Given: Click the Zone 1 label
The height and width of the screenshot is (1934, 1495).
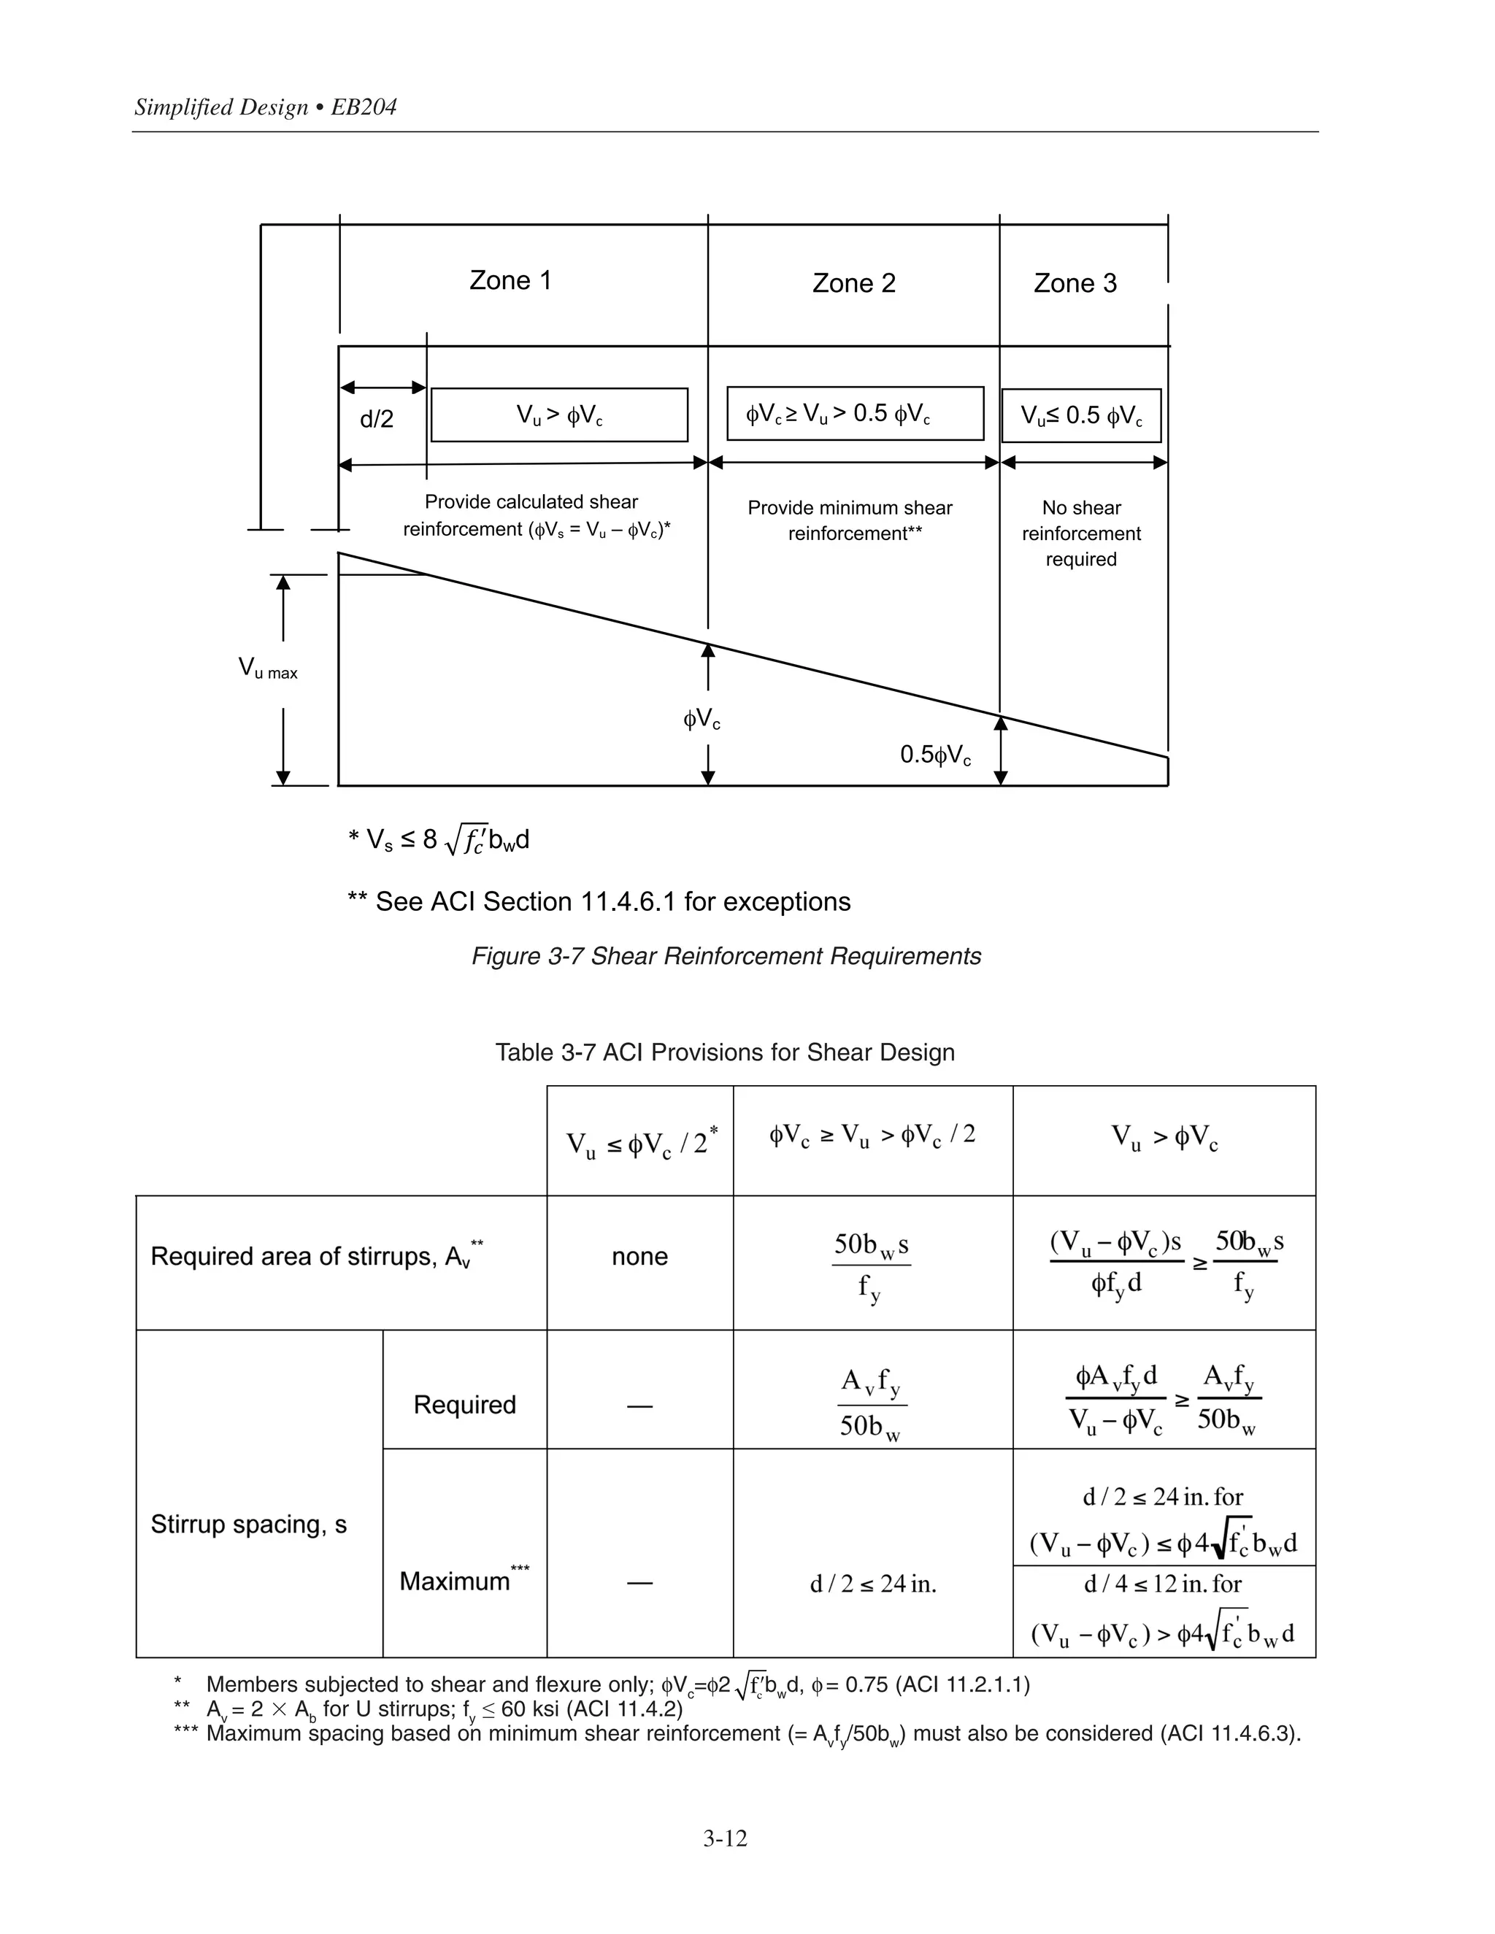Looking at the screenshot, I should coord(510,281).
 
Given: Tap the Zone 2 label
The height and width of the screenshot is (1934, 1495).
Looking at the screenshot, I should coord(854,283).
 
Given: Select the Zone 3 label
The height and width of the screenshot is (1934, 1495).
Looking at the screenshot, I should coord(1075,283).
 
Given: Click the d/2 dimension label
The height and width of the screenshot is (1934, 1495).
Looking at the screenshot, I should coord(377,419).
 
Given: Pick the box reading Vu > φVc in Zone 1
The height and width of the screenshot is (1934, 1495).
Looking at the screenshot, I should coord(559,415).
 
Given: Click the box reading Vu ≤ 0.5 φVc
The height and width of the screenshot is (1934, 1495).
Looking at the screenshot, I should coord(1080,415).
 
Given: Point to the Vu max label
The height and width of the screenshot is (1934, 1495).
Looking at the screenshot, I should coord(267,669).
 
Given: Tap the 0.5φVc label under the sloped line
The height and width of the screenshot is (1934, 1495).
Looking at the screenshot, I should coord(935,755).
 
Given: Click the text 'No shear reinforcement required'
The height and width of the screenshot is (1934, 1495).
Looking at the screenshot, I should coord(1080,533).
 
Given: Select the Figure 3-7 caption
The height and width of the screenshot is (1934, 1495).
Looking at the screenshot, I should coord(726,956).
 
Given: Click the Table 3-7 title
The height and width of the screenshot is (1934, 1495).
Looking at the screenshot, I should coord(724,1052).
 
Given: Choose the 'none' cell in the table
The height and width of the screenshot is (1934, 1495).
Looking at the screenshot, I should coord(639,1257).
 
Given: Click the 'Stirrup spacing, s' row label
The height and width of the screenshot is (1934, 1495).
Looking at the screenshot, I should coord(249,1524).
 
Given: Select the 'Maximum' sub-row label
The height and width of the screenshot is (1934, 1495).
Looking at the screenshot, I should coord(456,1581).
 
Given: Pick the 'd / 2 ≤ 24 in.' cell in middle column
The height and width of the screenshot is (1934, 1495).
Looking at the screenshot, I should coord(872,1584).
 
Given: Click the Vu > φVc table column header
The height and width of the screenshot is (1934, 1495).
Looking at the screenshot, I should coord(1164,1138).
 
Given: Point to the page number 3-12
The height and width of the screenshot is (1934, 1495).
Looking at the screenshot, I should coord(726,1838).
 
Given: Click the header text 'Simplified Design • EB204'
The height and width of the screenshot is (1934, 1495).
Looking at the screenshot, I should coord(266,107).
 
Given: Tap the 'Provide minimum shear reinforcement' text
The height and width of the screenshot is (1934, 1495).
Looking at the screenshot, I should coord(850,520).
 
